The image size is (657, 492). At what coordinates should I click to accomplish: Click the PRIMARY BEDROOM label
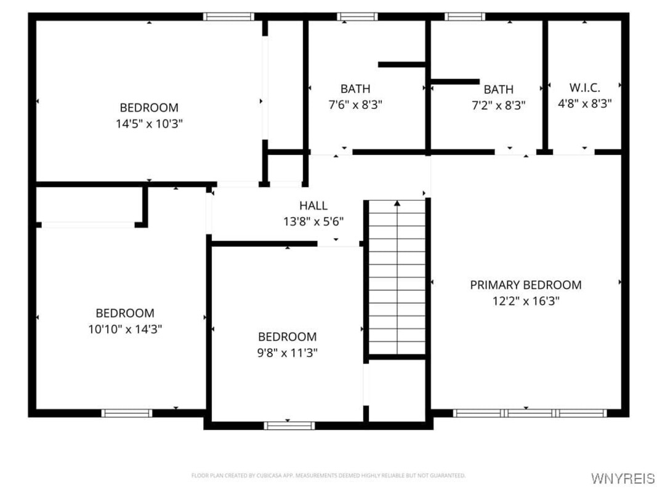[526, 285]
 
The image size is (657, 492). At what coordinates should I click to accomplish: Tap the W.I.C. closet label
[584, 88]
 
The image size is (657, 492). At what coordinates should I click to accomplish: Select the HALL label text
[313, 205]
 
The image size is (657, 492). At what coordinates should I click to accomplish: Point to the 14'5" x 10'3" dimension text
[150, 124]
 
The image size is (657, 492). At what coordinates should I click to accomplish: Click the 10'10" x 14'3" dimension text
[125, 329]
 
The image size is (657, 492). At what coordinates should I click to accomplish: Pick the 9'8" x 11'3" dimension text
[287, 353]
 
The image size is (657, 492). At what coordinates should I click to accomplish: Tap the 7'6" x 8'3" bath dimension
[355, 105]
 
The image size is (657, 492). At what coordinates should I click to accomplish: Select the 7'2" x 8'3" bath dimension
[499, 105]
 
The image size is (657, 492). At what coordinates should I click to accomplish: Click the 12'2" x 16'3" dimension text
[526, 301]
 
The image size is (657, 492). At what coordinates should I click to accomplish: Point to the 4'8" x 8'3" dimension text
[584, 103]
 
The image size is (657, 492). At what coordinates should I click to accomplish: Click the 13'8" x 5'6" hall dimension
[313, 221]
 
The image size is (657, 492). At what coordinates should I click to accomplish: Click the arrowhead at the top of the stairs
[397, 204]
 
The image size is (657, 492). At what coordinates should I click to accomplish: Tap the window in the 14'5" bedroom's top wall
[229, 17]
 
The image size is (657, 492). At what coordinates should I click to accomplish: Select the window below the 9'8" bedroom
[289, 426]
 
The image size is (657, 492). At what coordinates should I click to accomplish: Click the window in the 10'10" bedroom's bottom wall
[127, 413]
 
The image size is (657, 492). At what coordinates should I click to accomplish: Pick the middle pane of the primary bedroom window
[530, 413]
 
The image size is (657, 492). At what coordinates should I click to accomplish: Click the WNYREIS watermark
[623, 478]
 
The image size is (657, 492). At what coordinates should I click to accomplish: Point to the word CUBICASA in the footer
[268, 475]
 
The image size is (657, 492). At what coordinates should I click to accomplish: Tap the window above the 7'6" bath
[357, 17]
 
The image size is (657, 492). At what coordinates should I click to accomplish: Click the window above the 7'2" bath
[465, 17]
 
